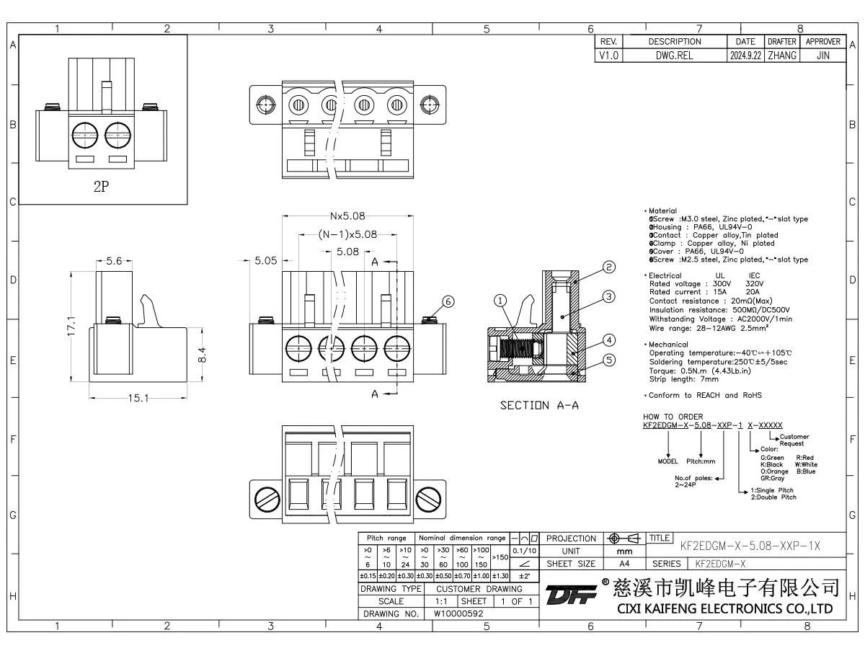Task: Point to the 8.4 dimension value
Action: tap(204, 355)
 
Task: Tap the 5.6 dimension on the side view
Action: tap(114, 262)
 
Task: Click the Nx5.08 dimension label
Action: tap(347, 216)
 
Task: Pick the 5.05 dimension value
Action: tap(265, 260)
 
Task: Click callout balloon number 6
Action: tap(449, 303)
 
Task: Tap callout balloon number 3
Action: tap(609, 296)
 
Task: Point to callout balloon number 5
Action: tap(609, 360)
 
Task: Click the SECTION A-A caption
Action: tap(540, 406)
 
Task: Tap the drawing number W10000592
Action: tap(459, 613)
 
